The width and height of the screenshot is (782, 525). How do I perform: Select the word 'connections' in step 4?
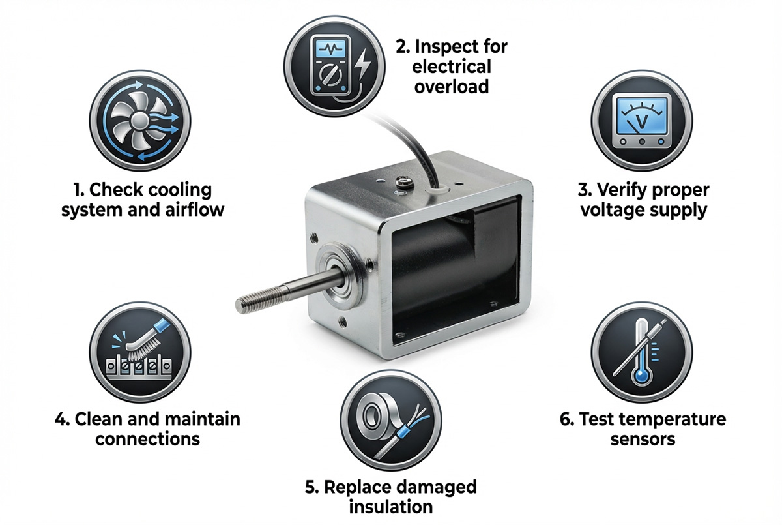click(x=147, y=438)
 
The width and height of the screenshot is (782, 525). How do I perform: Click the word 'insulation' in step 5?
click(x=390, y=506)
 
